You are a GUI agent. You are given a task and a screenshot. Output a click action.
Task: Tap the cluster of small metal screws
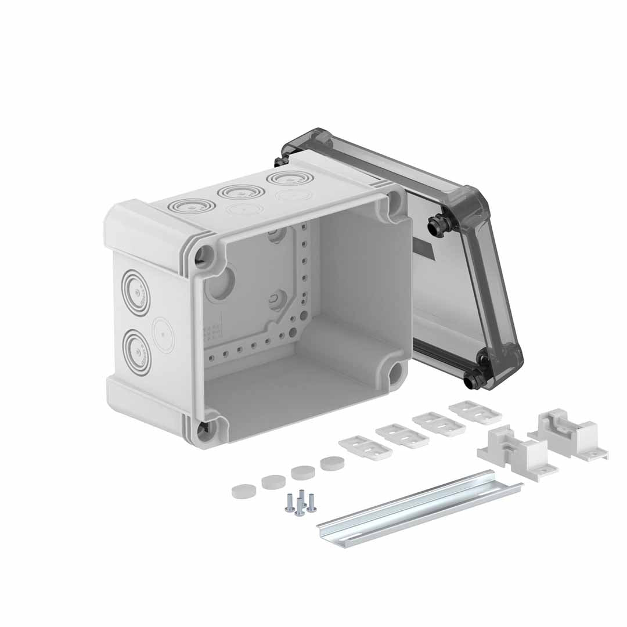click(x=300, y=503)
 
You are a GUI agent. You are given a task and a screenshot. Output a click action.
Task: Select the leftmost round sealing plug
click(x=243, y=491)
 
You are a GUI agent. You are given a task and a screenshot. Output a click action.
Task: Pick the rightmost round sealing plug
click(x=332, y=463)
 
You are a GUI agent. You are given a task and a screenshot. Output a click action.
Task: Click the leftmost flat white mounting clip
click(x=365, y=448)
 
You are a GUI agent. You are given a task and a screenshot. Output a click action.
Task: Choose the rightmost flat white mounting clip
click(x=475, y=412)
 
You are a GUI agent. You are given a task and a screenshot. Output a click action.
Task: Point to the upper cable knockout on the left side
click(x=136, y=293)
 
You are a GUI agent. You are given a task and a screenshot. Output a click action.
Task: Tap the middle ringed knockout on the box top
click(x=241, y=192)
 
